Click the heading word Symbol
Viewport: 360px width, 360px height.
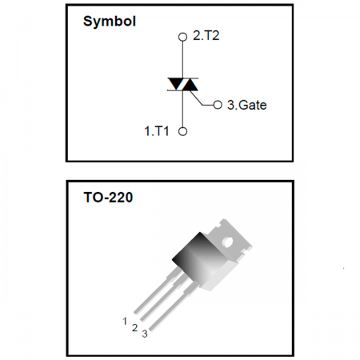click(110, 21)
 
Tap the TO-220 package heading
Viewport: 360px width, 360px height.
click(108, 198)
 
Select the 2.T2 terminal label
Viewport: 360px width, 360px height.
click(206, 35)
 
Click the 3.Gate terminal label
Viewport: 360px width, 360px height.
click(246, 105)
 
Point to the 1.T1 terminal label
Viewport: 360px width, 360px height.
click(157, 131)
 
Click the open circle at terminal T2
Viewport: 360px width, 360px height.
click(182, 37)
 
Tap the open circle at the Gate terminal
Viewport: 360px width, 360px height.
click(218, 105)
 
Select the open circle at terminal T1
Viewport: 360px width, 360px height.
click(182, 131)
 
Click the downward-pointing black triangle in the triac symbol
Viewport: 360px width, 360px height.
click(175, 83)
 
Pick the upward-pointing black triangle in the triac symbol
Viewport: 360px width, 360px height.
click(190, 86)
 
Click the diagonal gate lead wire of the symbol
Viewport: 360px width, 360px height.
click(196, 98)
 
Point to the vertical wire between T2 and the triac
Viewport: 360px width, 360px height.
click(182, 60)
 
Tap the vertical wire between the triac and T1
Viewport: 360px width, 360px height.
click(182, 109)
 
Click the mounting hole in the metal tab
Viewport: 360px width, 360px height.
click(227, 242)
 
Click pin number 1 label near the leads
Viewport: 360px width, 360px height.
click(125, 321)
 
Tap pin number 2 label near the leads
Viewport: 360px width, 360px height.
click(134, 327)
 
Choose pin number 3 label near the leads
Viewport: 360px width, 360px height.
click(145, 334)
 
